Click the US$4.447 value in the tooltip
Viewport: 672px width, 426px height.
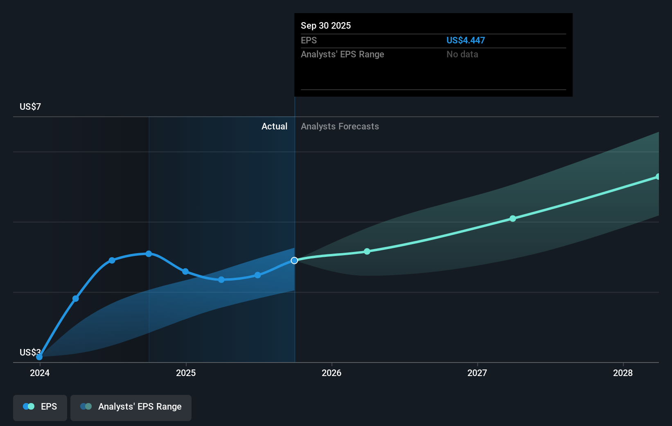(x=465, y=40)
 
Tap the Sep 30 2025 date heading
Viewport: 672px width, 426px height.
(x=326, y=25)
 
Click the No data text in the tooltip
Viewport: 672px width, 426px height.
(x=462, y=54)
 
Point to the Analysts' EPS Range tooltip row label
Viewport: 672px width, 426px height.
(x=342, y=54)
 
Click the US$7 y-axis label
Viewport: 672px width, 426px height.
(x=30, y=106)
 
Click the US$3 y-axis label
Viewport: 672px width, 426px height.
(x=30, y=352)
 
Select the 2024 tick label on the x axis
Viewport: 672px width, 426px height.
(x=40, y=373)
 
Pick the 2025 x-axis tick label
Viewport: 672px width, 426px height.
(x=186, y=373)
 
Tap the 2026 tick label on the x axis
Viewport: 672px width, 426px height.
(x=331, y=373)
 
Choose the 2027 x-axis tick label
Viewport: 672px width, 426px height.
(x=477, y=373)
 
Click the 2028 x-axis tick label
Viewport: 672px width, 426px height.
(x=623, y=373)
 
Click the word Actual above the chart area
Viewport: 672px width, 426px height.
(x=274, y=126)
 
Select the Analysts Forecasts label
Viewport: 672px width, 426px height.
(x=340, y=126)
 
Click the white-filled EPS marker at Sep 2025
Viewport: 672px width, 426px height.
(x=294, y=261)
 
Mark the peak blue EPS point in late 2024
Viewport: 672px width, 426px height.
(x=149, y=254)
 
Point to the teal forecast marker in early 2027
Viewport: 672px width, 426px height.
(x=513, y=219)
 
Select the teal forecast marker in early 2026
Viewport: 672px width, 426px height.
(x=367, y=252)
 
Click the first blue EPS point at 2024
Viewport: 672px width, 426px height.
(x=39, y=357)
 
